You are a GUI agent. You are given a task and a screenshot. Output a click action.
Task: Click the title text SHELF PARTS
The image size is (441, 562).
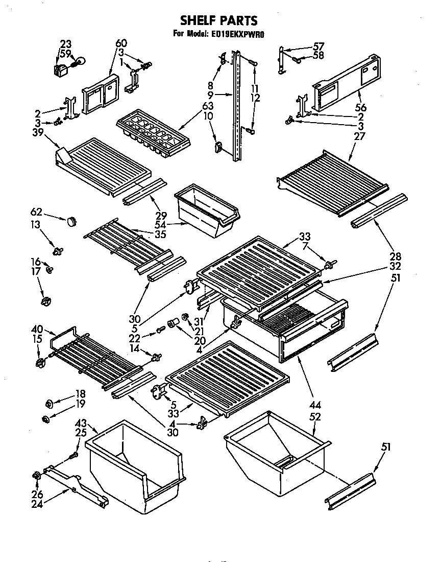tap(218, 20)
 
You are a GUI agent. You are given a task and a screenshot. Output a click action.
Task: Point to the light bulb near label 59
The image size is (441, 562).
tap(78, 62)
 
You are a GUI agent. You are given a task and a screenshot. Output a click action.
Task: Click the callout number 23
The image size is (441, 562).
tap(66, 43)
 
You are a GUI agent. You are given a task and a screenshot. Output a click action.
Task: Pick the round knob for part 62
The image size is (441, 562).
tap(71, 221)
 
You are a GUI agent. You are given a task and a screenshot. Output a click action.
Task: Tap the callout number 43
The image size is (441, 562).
tap(80, 424)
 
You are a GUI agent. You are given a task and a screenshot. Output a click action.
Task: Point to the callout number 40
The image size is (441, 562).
tap(38, 330)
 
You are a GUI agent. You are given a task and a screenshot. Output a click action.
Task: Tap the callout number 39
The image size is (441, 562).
tap(38, 132)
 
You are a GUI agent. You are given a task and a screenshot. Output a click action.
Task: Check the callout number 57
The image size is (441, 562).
tap(318, 46)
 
